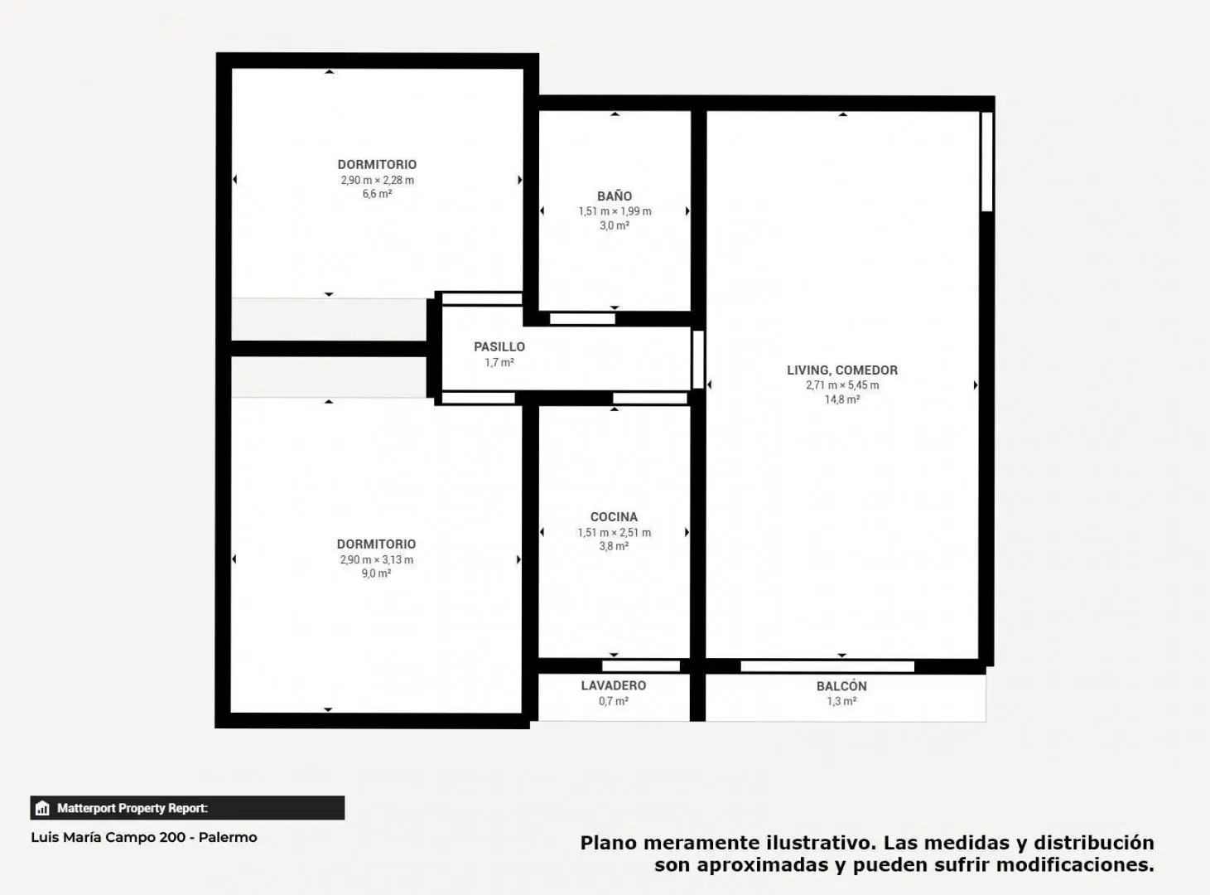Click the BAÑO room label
pyautogui.click(x=615, y=196)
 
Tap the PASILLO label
pyautogui.click(x=499, y=346)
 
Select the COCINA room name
pyautogui.click(x=614, y=517)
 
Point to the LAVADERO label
pyautogui.click(x=613, y=686)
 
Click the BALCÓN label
pyautogui.click(x=841, y=686)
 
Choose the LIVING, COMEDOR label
pyautogui.click(x=841, y=370)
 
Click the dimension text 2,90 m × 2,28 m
pyautogui.click(x=378, y=180)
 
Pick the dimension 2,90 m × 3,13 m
pyautogui.click(x=377, y=559)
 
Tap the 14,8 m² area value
pyautogui.click(x=842, y=399)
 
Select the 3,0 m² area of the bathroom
pyautogui.click(x=615, y=225)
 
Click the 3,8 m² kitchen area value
pyautogui.click(x=614, y=546)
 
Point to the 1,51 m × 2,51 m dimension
pyautogui.click(x=615, y=532)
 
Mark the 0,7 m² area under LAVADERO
pyautogui.click(x=613, y=701)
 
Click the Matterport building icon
pyautogui.click(x=42, y=808)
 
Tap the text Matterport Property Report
pyautogui.click(x=133, y=808)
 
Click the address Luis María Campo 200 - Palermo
pyautogui.click(x=144, y=838)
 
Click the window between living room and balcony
pyautogui.click(x=827, y=666)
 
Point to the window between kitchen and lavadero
pyautogui.click(x=641, y=665)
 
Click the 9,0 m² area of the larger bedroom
pyautogui.click(x=377, y=573)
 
